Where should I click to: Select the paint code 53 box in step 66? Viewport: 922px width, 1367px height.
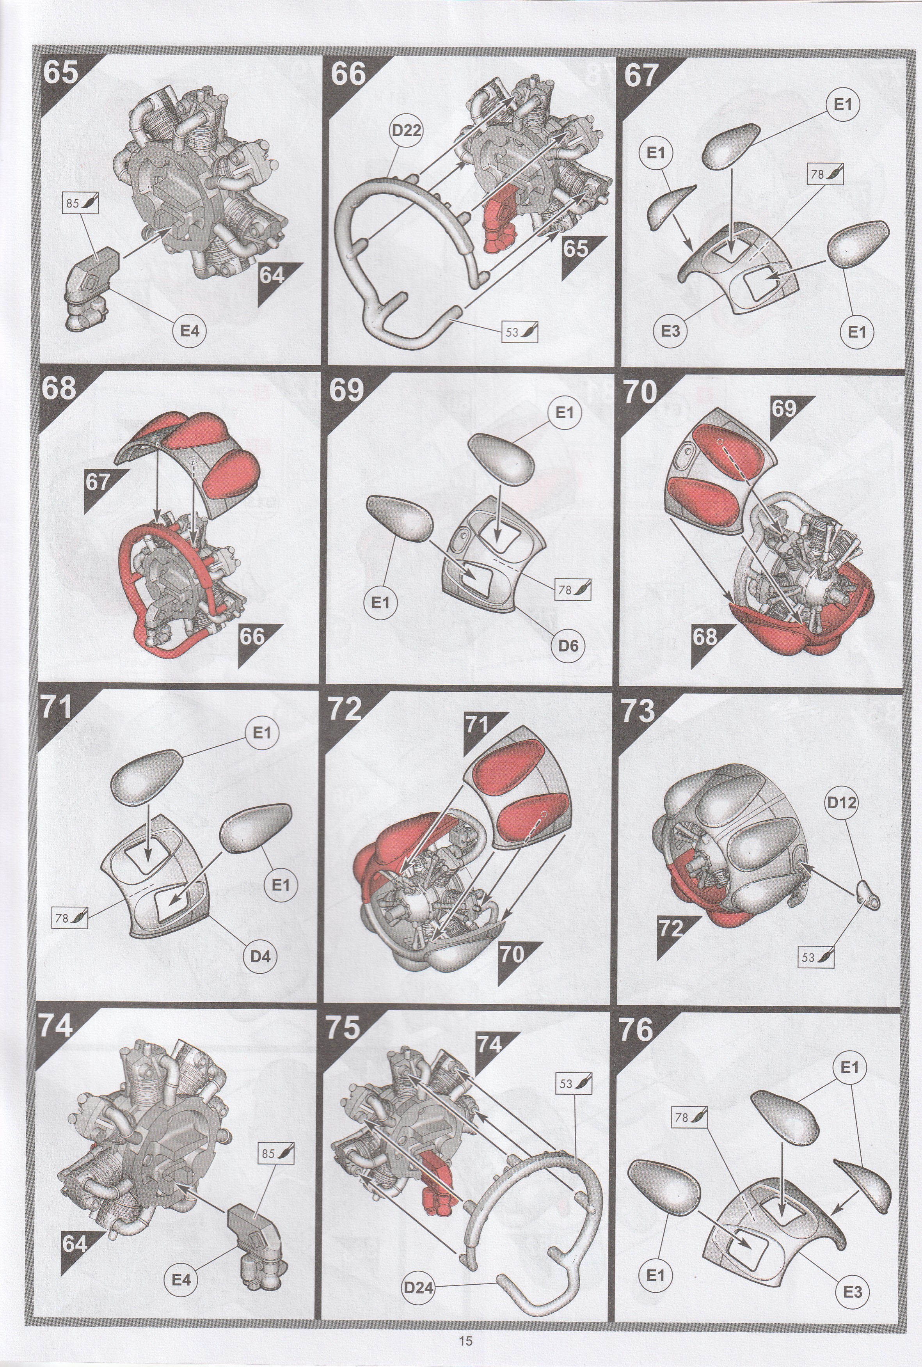(519, 332)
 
